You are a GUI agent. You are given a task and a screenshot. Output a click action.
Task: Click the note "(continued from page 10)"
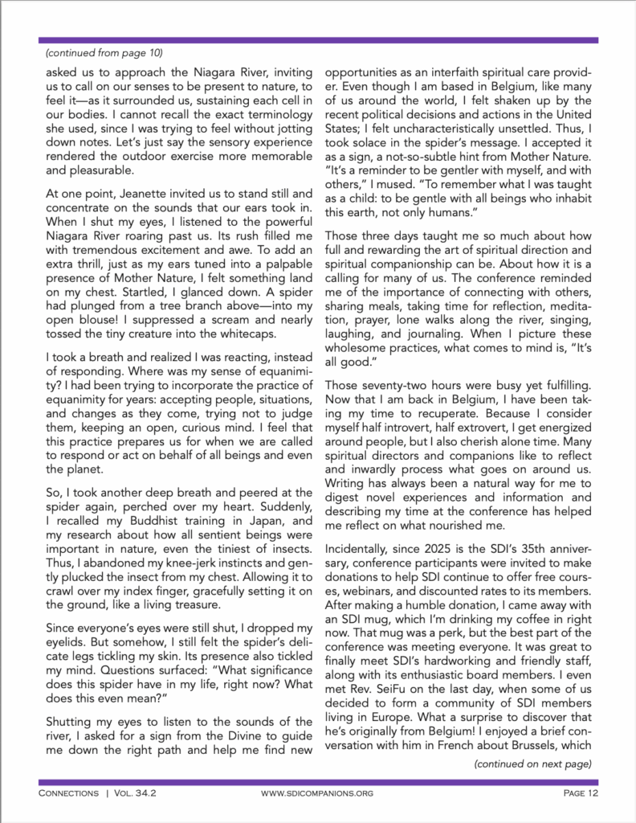(104, 53)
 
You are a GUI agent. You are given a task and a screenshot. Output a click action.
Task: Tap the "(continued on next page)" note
(533, 764)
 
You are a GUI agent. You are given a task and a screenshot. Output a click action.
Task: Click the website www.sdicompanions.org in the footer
(318, 794)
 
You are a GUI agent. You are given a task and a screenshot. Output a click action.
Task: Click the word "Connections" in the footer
(71, 794)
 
